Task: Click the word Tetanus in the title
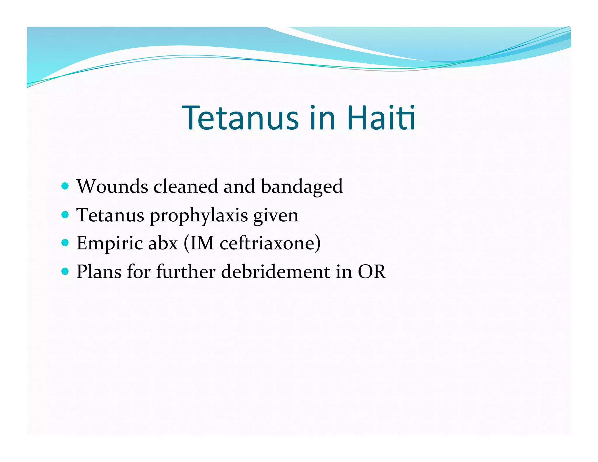(x=240, y=118)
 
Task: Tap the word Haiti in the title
(x=381, y=118)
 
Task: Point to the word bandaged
(x=302, y=187)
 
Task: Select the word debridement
(x=276, y=272)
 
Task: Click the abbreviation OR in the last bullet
(x=372, y=272)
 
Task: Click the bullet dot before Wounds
(x=65, y=186)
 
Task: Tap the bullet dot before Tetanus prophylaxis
(x=65, y=215)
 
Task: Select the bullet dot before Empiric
(x=65, y=243)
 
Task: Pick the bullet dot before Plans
(x=65, y=271)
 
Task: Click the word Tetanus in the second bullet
(x=110, y=215)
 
